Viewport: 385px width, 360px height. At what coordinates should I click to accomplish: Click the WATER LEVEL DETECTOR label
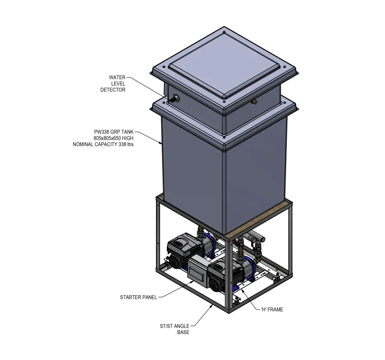[x=113, y=83]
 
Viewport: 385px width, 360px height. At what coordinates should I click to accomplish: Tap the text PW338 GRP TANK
[x=113, y=132]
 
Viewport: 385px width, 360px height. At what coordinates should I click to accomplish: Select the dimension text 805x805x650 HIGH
[x=113, y=138]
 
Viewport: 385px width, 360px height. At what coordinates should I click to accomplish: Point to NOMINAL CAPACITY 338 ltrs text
[x=103, y=144]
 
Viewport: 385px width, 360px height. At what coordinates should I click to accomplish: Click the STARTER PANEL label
[x=138, y=297]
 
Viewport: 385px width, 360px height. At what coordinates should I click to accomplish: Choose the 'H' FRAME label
[x=272, y=309]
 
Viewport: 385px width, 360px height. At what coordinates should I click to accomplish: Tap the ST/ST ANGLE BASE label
[x=174, y=329]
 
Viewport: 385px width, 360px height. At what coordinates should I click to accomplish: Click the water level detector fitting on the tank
[x=174, y=99]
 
